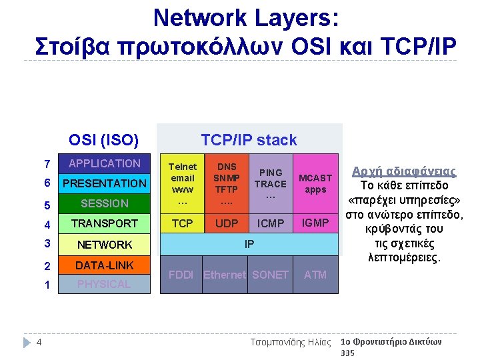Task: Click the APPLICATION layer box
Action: tap(104, 163)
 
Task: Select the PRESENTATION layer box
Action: tap(104, 183)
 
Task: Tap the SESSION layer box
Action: tap(104, 203)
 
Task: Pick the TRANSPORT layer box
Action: tap(104, 223)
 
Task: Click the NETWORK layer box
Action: tap(104, 245)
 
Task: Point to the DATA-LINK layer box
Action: tap(104, 265)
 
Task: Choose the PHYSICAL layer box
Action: tap(104, 284)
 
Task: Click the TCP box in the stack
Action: tap(182, 223)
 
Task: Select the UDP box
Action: tap(227, 223)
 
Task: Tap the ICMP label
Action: tap(271, 223)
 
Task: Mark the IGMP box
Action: tap(315, 223)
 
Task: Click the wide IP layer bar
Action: tap(249, 244)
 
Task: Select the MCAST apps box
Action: tap(315, 184)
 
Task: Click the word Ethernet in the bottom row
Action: tap(225, 275)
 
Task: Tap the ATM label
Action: tap(315, 274)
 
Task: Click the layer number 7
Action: tap(46, 164)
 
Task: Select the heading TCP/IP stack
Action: tap(249, 140)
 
